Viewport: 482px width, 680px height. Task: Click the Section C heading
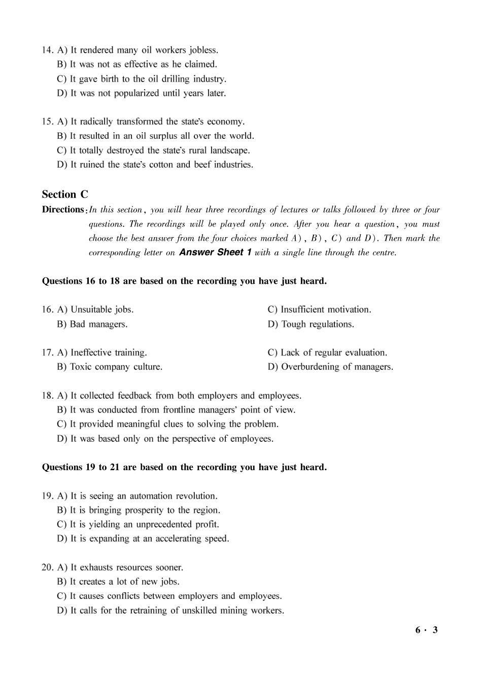65,195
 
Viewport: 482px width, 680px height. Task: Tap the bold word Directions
63,210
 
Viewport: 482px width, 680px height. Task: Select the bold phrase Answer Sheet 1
215,252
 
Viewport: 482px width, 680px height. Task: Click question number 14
47,50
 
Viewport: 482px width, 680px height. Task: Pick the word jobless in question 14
203,50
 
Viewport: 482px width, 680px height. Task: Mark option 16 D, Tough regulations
311,324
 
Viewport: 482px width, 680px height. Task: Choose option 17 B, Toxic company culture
110,367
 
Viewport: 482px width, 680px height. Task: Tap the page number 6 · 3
426,630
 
